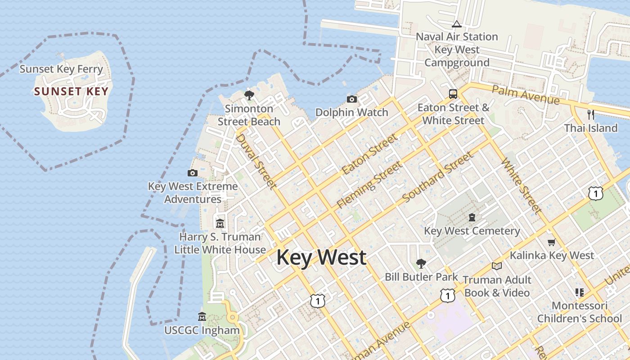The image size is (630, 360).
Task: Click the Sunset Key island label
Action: click(71, 91)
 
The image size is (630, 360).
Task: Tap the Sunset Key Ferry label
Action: click(61, 69)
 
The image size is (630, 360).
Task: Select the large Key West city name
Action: click(321, 257)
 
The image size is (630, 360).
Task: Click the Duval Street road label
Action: click(256, 161)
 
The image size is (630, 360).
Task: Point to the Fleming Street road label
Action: click(369, 185)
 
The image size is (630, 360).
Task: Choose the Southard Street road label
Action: click(437, 177)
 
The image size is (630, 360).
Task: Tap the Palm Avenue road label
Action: click(525, 94)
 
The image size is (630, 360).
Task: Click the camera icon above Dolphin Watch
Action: click(352, 99)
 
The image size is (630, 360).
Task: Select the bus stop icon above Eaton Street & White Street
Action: click(453, 94)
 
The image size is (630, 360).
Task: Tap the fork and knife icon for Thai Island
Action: click(591, 114)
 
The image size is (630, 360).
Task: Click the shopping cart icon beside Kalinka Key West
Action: click(551, 243)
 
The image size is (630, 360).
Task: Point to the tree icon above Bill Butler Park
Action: click(421, 263)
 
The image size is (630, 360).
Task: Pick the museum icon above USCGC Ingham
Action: click(202, 317)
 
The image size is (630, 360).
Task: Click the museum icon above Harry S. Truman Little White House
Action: click(220, 223)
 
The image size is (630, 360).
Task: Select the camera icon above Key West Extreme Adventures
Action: click(193, 173)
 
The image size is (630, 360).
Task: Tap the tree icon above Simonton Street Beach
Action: click(249, 95)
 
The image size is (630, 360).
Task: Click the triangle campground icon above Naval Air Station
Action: click(457, 24)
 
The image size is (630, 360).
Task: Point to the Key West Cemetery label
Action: click(472, 231)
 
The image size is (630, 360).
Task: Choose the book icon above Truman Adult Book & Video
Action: click(497, 266)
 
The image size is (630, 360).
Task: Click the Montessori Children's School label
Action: click(580, 312)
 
